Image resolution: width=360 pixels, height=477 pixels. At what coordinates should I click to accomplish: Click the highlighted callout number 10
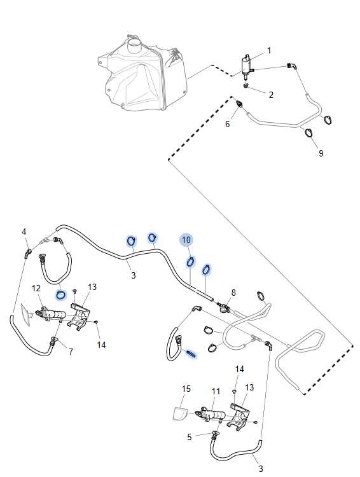186,240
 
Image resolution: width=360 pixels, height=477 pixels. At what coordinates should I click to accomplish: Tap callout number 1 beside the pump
268,50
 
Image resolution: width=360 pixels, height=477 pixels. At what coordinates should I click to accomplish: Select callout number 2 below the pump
271,95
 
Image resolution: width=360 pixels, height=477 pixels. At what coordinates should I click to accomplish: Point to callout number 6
227,124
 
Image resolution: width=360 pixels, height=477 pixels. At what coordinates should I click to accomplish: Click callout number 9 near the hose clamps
321,153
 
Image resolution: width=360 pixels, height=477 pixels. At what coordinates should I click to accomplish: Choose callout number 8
233,293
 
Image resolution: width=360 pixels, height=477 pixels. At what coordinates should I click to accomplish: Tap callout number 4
24,232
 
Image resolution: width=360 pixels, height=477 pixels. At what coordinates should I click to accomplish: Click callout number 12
36,287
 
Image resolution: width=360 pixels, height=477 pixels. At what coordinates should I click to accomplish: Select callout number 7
71,352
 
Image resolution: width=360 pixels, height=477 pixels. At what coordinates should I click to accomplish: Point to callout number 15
186,389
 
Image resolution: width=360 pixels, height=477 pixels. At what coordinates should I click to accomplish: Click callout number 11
216,391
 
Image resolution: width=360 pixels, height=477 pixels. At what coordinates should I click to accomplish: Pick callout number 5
190,437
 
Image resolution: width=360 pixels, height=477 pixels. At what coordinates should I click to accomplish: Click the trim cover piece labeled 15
179,413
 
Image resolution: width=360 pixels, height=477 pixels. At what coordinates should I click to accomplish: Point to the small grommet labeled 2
246,85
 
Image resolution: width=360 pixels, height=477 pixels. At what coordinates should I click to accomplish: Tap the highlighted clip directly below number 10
191,261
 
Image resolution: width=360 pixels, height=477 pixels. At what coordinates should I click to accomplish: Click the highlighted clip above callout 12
61,294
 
